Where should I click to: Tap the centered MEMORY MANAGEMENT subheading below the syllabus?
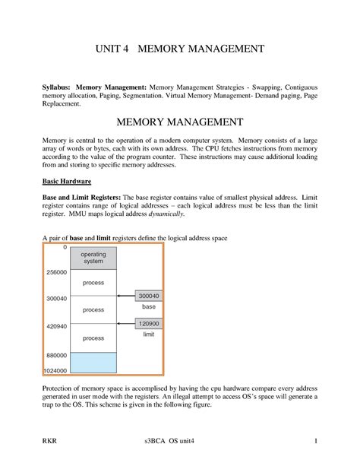pyautogui.click(x=179, y=122)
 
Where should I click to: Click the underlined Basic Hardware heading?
pyautogui.click(x=66, y=182)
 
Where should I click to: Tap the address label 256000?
pyautogui.click(x=57, y=271)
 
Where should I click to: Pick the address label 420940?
pyautogui.click(x=57, y=327)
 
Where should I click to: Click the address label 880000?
pyautogui.click(x=57, y=355)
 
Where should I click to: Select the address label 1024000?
pyautogui.click(x=55, y=370)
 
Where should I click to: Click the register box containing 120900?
pyautogui.click(x=149, y=323)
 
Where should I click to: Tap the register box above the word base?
pyautogui.click(x=149, y=296)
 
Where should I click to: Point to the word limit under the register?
pyautogui.click(x=149, y=334)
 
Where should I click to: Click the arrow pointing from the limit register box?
pyautogui.click(x=126, y=324)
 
